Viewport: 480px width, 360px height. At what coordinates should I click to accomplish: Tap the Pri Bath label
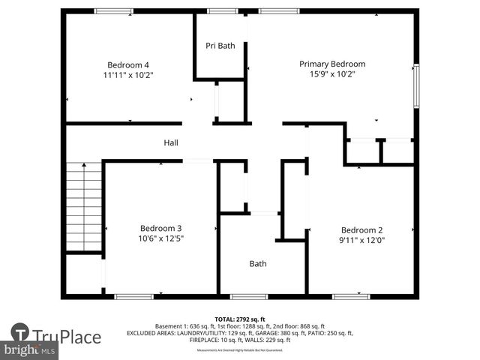(220, 46)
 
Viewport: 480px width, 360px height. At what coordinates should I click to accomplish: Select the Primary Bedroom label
(332, 64)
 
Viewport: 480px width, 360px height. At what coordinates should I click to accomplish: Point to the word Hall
(171, 142)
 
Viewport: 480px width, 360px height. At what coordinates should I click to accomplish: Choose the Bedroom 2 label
(361, 230)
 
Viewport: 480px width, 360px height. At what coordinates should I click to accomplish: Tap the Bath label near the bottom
(258, 264)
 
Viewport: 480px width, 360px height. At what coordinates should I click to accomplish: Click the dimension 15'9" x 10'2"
(332, 74)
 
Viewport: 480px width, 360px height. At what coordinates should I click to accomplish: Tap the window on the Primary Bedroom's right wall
(416, 86)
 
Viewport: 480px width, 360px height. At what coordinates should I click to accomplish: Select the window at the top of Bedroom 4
(114, 11)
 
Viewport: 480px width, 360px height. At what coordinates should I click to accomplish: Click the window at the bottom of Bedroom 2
(351, 297)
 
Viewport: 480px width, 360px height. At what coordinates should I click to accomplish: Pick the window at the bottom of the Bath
(248, 297)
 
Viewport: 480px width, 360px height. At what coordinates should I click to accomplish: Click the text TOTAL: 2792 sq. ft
(239, 319)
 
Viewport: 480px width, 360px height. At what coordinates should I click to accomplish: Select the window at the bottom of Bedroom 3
(134, 297)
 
